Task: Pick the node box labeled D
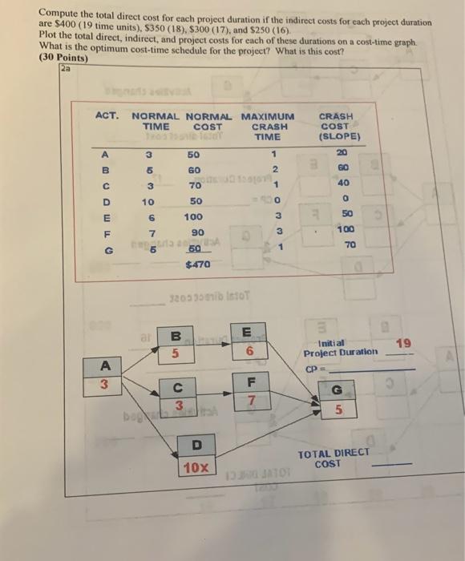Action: (197, 454)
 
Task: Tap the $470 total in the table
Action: (197, 262)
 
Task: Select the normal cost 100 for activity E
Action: (194, 217)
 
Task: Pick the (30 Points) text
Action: (64, 58)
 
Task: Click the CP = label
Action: (313, 369)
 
